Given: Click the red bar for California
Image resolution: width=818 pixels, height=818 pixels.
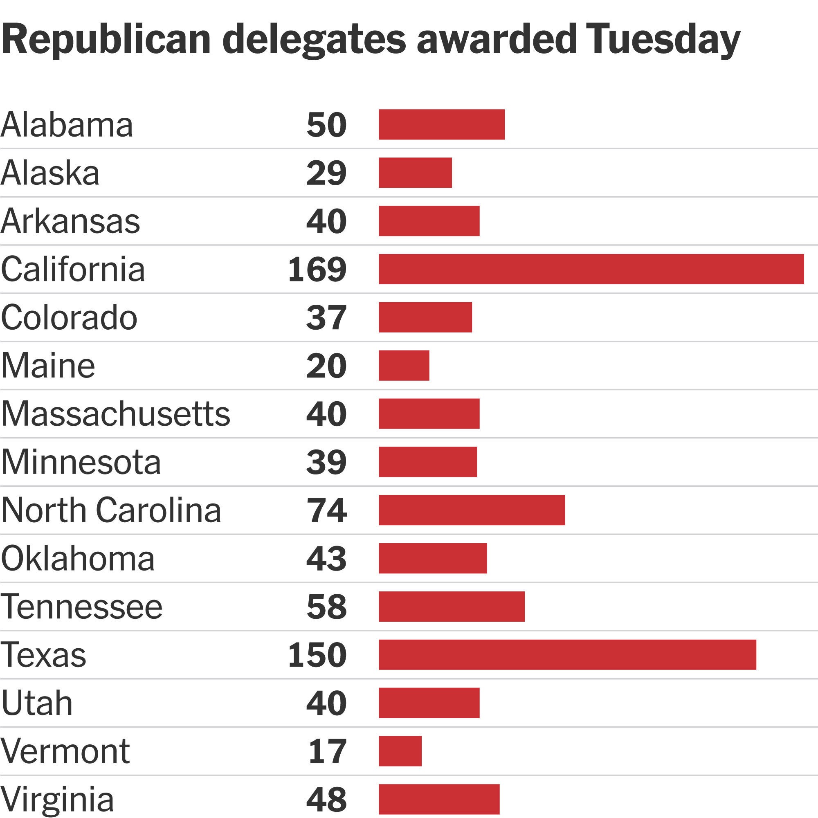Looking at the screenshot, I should (591, 269).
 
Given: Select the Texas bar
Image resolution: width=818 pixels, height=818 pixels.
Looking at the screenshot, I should (567, 654).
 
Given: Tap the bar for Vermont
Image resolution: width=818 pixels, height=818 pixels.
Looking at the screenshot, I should (400, 751).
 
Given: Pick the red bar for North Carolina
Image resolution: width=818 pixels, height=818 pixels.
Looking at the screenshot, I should (472, 510).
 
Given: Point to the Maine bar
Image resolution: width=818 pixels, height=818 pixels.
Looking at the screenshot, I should (404, 365).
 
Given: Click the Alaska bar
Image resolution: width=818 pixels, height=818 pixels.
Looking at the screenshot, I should (416, 173).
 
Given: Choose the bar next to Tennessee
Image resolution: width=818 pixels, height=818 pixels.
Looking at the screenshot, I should (452, 606).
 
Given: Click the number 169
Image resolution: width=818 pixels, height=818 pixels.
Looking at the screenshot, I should (317, 270).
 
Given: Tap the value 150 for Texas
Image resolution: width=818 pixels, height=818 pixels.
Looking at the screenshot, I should (317, 655).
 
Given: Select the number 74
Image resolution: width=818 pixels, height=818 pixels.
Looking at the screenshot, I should (326, 510).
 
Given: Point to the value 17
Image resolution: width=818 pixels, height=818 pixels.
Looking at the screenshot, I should (327, 751).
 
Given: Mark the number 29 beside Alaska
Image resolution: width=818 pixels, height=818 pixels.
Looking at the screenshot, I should (326, 173).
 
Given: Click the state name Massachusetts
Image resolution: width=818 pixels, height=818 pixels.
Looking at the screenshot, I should (116, 413).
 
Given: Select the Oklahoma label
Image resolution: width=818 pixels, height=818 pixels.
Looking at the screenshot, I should (78, 558).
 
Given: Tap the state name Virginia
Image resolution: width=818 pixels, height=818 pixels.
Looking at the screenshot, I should (57, 799).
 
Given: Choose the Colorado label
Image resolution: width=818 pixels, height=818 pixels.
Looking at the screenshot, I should (69, 317).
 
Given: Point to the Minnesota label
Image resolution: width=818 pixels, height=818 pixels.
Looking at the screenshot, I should (81, 462).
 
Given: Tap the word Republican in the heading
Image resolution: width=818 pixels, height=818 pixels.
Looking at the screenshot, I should (106, 40).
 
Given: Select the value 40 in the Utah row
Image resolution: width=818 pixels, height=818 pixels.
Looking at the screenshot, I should (326, 703).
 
